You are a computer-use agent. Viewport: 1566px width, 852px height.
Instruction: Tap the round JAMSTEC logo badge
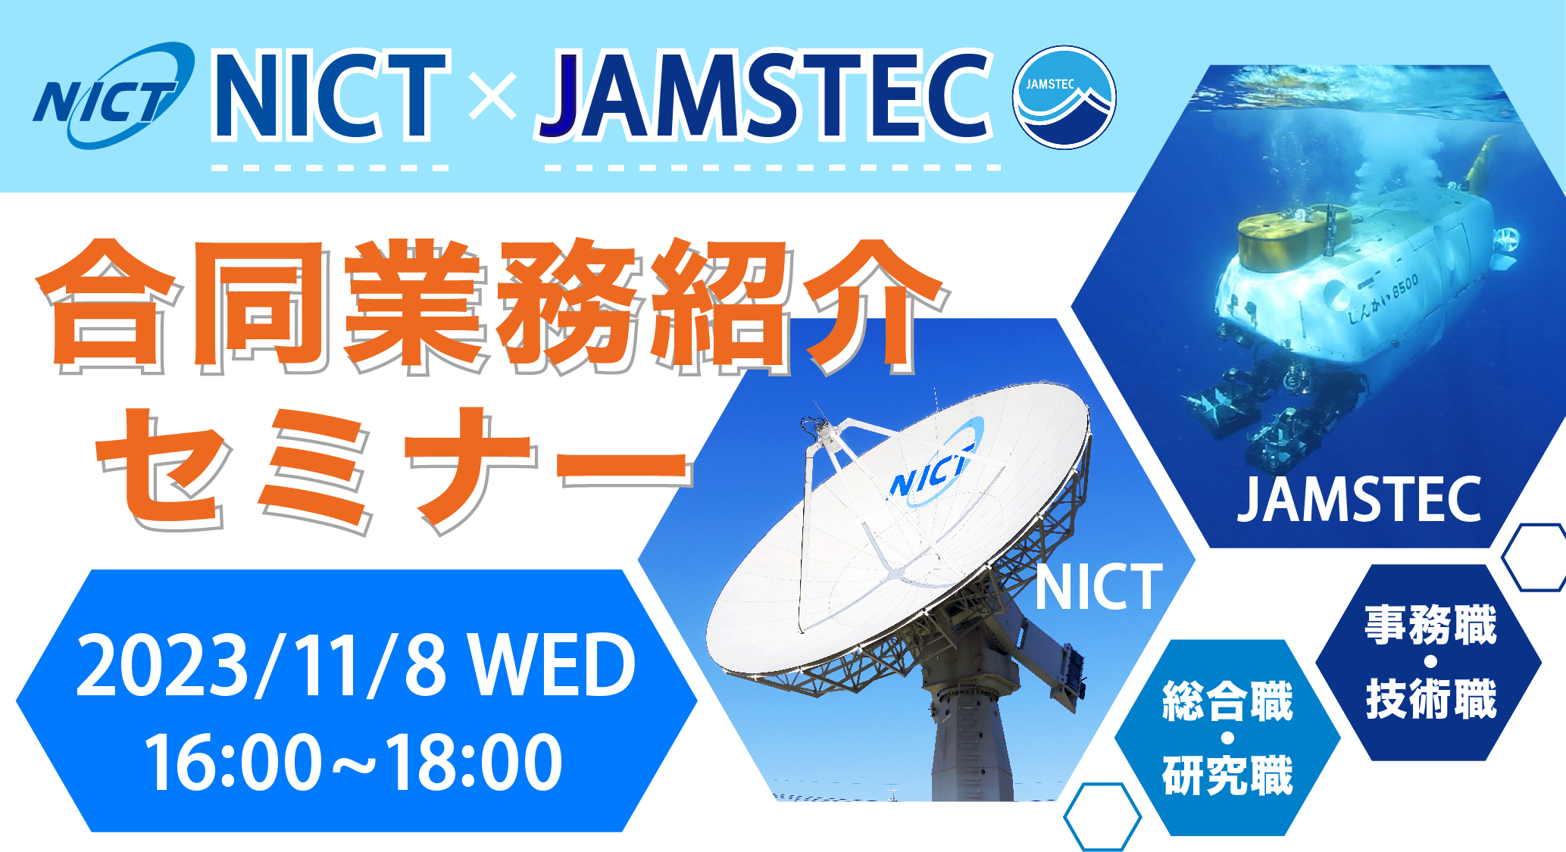point(1064,97)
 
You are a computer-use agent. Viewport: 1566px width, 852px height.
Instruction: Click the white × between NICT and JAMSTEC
point(492,96)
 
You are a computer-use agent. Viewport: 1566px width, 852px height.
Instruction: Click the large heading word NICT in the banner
point(330,96)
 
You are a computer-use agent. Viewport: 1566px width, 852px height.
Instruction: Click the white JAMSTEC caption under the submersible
point(1359,500)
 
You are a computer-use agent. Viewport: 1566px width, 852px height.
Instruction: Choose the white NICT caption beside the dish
point(1099,586)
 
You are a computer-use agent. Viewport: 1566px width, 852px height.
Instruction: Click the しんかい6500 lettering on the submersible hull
point(1383,299)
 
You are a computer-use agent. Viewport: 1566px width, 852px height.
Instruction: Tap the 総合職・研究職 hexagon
point(1227,738)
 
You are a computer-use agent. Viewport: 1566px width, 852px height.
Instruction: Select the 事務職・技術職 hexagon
point(1430,662)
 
